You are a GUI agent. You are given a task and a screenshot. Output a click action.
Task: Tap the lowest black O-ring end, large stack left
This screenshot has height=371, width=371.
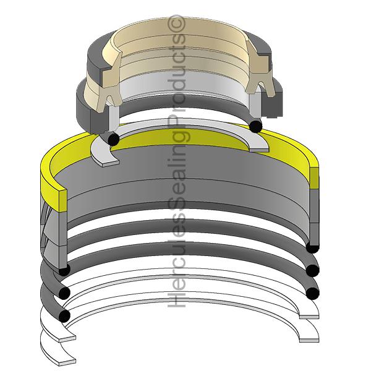(64, 315)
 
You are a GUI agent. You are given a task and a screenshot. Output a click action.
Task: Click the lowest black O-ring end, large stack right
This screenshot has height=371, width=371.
(312, 291)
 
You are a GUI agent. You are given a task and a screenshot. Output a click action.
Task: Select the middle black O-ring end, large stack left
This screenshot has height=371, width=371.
(64, 291)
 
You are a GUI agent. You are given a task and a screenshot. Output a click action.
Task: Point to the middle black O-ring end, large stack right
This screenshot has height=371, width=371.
(312, 270)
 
